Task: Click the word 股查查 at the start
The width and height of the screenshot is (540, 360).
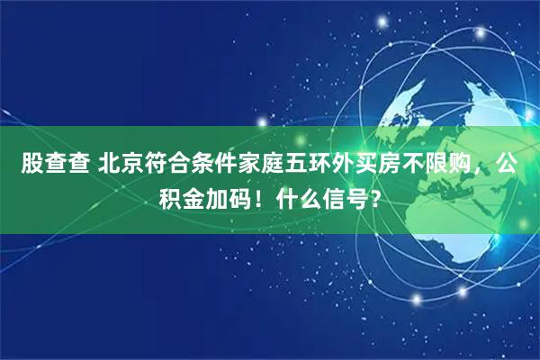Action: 53,166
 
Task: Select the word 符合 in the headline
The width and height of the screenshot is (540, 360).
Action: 166,166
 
